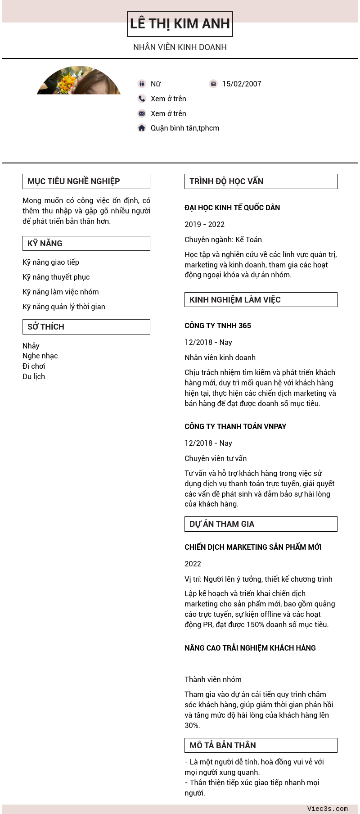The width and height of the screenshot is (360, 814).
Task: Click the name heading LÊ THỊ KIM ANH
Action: click(180, 24)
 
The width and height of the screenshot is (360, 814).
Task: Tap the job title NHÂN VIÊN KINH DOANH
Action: click(180, 47)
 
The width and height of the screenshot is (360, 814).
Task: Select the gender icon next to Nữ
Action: click(142, 84)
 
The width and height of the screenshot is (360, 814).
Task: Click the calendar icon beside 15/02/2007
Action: click(213, 84)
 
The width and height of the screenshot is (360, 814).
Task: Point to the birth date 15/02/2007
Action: click(242, 84)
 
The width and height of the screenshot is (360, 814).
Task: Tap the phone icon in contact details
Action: click(142, 99)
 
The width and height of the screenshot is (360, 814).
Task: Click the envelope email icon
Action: click(142, 113)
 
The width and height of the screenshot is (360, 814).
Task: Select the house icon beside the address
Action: click(142, 128)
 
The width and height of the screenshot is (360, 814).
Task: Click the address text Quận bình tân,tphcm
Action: click(185, 128)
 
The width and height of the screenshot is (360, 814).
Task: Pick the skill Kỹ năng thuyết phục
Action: click(56, 277)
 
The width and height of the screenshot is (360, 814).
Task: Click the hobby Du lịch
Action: click(34, 376)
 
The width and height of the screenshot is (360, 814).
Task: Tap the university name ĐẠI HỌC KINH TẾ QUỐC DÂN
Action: click(232, 208)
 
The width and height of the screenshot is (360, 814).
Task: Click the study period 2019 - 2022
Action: click(204, 224)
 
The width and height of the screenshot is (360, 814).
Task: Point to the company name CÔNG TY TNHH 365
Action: click(218, 326)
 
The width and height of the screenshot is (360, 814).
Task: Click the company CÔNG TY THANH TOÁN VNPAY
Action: click(235, 426)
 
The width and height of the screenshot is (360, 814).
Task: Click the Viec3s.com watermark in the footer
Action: click(327, 809)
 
